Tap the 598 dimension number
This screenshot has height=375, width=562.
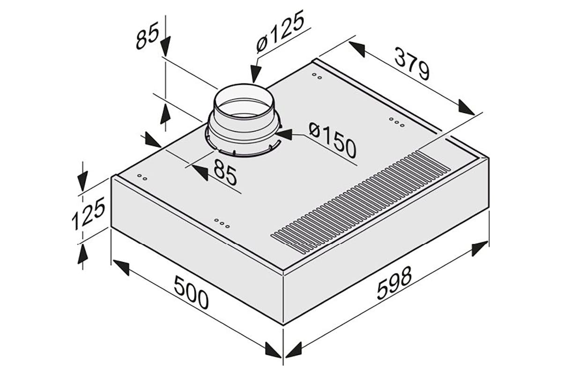point(395,283)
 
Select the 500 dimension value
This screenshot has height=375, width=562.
point(191,292)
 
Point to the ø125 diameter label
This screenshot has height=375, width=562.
point(280,32)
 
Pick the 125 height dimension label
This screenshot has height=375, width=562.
point(88,213)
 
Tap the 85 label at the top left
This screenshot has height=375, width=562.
point(148,36)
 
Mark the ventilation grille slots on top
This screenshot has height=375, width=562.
point(361,201)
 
